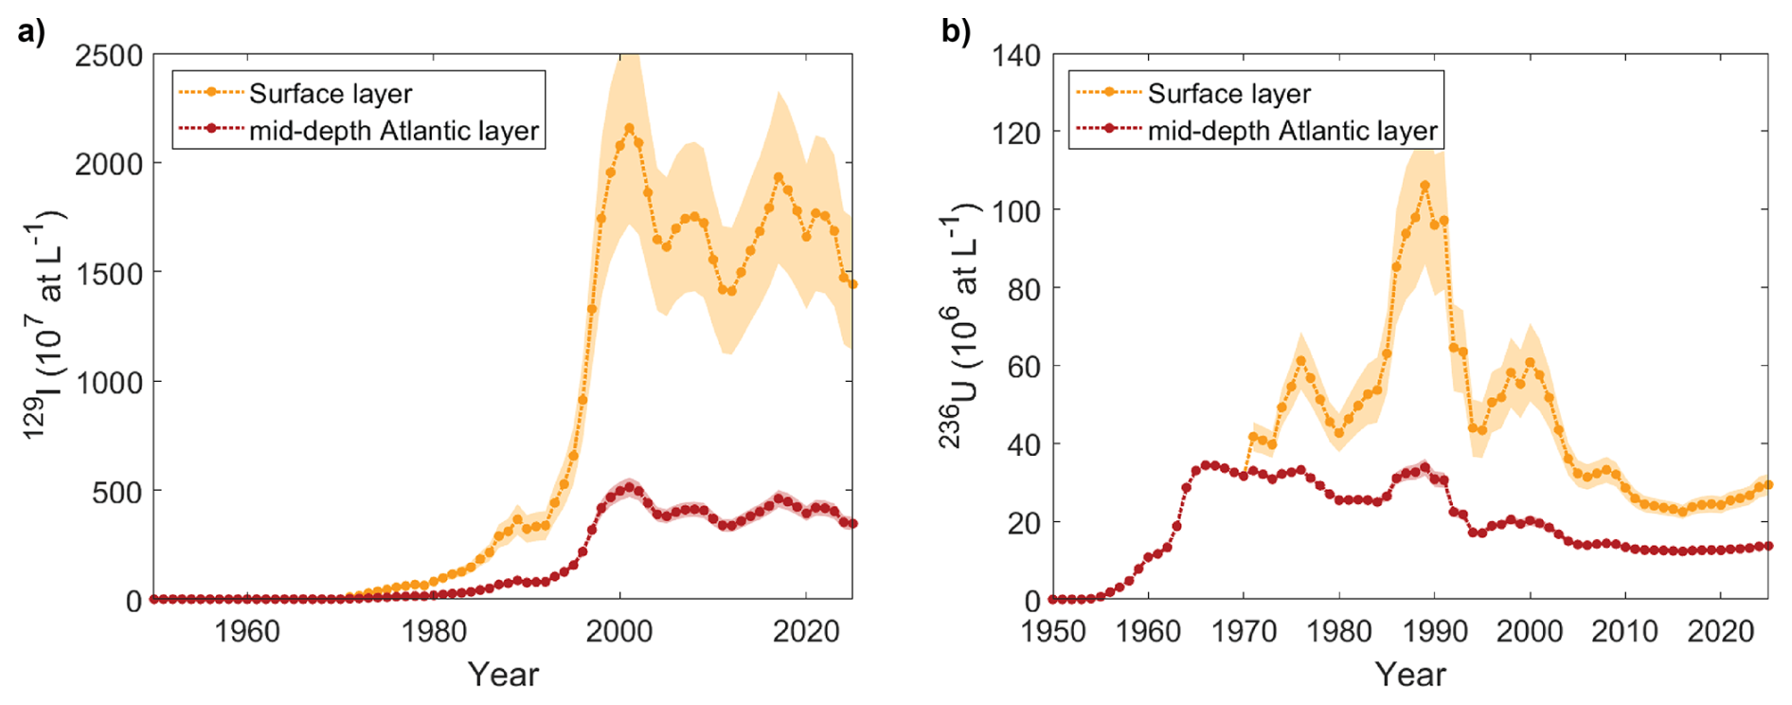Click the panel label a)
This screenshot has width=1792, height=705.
pos(30,32)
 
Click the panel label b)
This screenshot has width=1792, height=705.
pos(955,32)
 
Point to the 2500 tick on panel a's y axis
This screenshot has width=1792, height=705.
pos(109,55)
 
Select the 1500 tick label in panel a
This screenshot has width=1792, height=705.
pos(109,273)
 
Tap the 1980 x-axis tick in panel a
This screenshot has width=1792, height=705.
pos(433,631)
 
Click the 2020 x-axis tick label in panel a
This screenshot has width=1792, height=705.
pos(806,631)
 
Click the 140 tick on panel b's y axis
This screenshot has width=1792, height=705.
pos(1016,55)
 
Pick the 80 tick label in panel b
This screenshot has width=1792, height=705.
pos(1024,289)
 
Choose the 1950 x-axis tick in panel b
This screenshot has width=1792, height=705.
pos(1052,631)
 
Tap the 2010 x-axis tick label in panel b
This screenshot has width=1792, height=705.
pos(1625,631)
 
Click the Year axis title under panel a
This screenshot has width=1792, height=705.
pos(503,675)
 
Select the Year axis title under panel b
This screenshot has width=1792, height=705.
pos(1410,675)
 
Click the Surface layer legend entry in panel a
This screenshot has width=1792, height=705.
pos(330,94)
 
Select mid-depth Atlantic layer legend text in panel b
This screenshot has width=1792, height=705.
pos(1292,131)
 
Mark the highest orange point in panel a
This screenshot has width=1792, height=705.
pos(630,128)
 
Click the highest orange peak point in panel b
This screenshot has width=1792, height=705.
pos(1425,186)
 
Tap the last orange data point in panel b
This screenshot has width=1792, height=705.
pos(1768,484)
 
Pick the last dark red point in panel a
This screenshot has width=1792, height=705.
pos(852,523)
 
